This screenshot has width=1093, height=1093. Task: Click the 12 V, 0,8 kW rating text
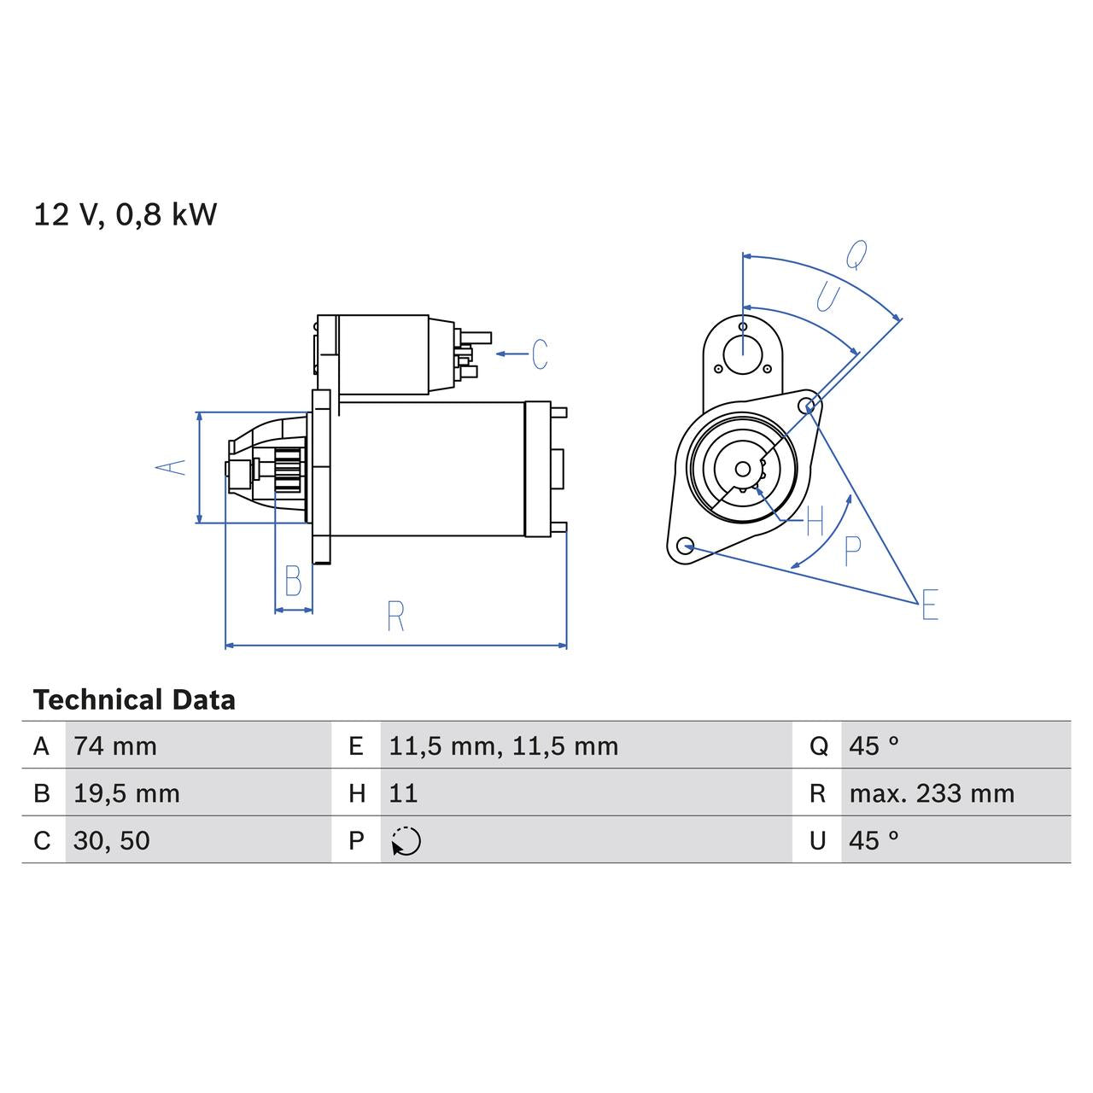(x=126, y=214)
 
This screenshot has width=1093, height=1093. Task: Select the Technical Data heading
(x=134, y=700)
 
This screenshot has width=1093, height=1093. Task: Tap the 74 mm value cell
(x=115, y=746)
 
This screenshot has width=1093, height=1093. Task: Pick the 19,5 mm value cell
(x=126, y=793)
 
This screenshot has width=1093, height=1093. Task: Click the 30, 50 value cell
(x=112, y=841)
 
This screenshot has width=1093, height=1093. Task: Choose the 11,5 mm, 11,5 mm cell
(x=503, y=746)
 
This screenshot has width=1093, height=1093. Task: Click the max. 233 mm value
(x=932, y=793)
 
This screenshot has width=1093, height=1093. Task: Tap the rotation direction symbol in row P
(x=406, y=841)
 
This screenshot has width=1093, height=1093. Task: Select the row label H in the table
(x=357, y=793)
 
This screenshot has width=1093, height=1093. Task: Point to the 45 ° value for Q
(x=874, y=746)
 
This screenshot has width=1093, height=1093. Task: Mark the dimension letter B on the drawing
(x=293, y=582)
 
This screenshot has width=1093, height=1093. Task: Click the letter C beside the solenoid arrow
(x=540, y=354)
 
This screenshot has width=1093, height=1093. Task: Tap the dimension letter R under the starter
(x=395, y=617)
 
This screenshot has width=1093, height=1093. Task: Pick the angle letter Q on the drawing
(x=856, y=254)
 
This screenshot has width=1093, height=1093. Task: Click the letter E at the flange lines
(x=930, y=605)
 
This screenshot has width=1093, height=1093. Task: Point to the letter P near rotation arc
(x=851, y=551)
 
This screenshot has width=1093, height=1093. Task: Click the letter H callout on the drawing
(x=815, y=520)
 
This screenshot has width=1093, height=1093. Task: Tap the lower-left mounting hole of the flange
(x=684, y=545)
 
